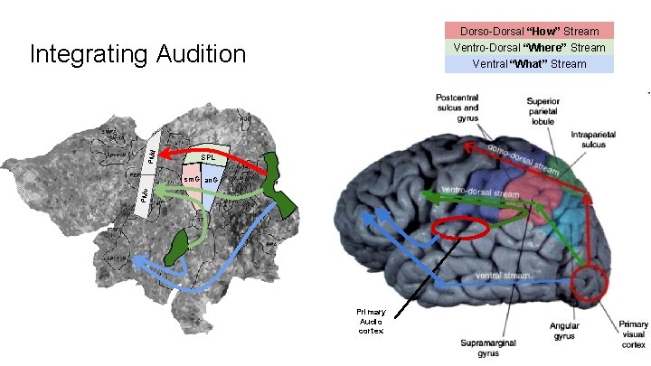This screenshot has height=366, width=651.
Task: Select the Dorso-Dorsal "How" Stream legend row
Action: pos(529,31)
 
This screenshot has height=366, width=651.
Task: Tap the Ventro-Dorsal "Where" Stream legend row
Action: pos(529,47)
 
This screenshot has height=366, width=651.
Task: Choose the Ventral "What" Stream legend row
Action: pos(529,63)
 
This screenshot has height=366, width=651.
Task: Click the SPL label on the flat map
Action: pos(207,156)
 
